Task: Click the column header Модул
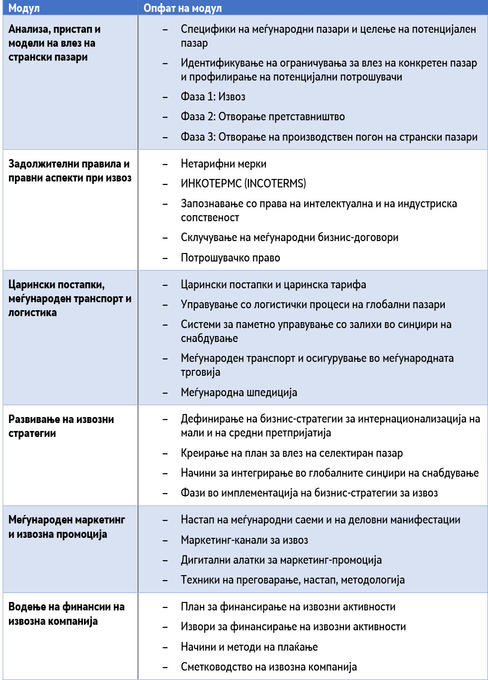[24, 8]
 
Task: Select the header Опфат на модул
[182, 8]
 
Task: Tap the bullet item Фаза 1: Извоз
[213, 97]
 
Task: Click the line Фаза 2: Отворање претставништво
[262, 117]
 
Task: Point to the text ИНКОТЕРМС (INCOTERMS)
[243, 184]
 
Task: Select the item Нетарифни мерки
[223, 164]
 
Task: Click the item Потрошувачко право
[230, 258]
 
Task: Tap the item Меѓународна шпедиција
[239, 393]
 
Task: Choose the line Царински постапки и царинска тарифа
[273, 285]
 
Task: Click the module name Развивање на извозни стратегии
[61, 426]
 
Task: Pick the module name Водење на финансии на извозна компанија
[66, 614]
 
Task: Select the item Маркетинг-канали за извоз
[244, 540]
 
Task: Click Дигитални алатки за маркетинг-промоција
[281, 560]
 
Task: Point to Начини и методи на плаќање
[249, 647]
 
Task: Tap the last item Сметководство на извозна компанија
[268, 667]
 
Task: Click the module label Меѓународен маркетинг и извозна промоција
[66, 527]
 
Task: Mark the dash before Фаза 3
[165, 137]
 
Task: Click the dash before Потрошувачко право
[165, 258]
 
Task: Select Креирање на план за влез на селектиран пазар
[291, 453]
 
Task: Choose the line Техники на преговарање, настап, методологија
[292, 580]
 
